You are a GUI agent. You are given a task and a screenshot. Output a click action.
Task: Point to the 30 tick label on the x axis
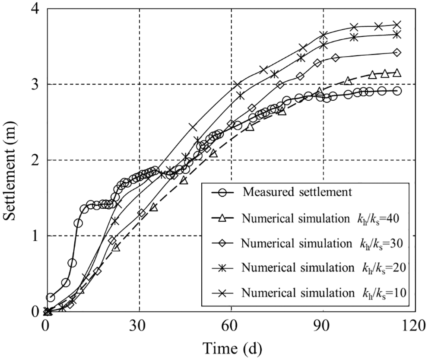tap(139, 325)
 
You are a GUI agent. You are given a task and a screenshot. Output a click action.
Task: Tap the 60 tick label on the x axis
tap(231, 325)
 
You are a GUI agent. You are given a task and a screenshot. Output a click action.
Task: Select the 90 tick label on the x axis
tap(323, 325)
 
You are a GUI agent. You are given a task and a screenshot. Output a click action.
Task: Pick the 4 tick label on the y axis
tap(36, 9)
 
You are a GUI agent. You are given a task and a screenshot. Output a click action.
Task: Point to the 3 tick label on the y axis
tap(36, 84)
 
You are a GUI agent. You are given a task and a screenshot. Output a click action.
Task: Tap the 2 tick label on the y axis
tap(36, 160)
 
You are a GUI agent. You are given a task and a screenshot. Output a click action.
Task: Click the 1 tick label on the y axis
tap(36, 236)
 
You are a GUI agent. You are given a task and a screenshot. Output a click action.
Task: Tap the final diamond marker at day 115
tap(397, 53)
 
